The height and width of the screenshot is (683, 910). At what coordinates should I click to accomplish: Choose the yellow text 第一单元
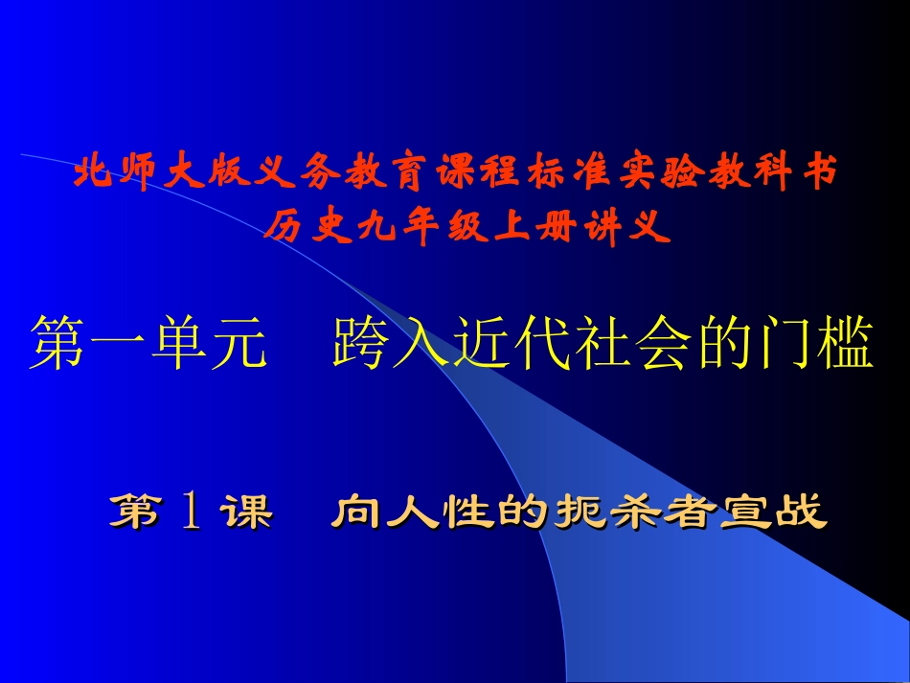148,344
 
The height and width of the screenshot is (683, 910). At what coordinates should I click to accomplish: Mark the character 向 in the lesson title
353,513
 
